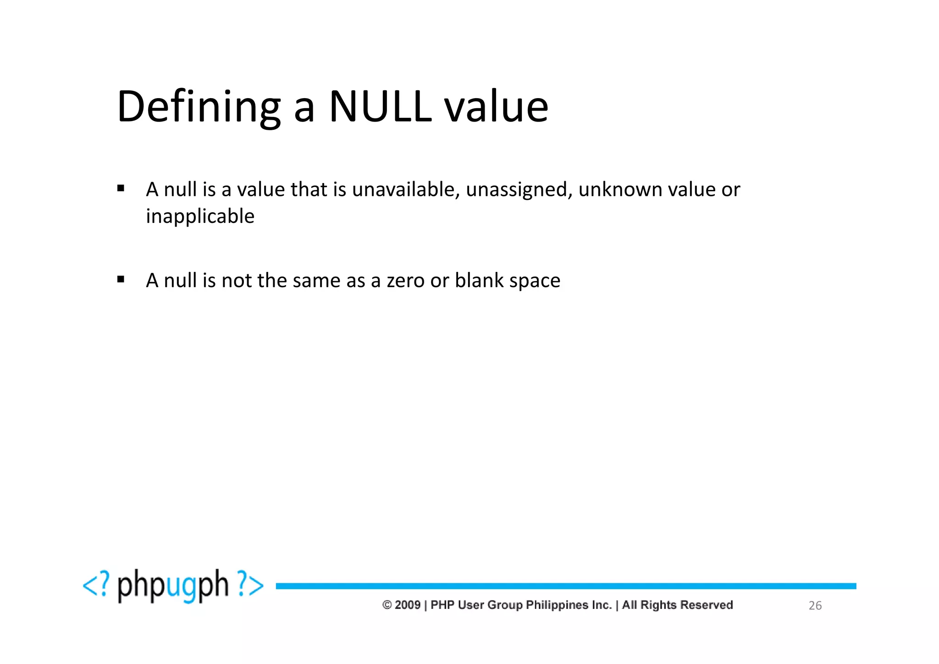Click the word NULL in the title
tap(380, 107)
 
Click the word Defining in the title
tap(198, 107)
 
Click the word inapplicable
tap(200, 216)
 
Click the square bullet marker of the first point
tap(121, 188)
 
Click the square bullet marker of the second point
tap(121, 279)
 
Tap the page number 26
tap(815, 606)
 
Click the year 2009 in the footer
tap(407, 605)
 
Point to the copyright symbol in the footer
tap(387, 605)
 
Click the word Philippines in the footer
tap(557, 605)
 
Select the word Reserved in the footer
tap(706, 605)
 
